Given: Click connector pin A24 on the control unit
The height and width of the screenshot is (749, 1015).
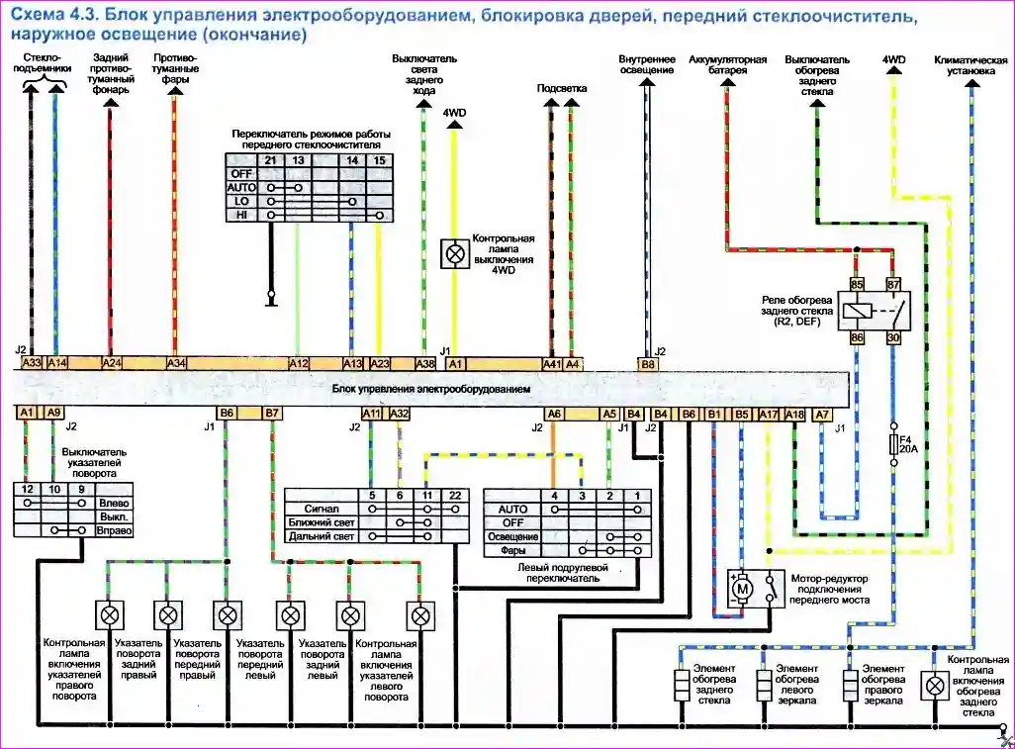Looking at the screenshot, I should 112,363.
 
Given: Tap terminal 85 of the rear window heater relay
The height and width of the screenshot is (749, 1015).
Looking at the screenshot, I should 858,284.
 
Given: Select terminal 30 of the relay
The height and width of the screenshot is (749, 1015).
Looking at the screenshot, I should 893,337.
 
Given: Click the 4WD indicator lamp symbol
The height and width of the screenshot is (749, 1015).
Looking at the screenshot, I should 454,252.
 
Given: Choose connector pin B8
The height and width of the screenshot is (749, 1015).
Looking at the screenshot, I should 648,364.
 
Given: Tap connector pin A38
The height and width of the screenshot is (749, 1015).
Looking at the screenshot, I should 424,363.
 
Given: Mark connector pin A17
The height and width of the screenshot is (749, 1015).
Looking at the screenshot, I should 770,414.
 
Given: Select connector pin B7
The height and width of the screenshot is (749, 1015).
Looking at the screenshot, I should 272,413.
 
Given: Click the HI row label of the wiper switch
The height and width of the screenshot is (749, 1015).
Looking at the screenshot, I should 240,215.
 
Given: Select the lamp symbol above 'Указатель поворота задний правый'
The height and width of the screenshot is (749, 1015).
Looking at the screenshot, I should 168,615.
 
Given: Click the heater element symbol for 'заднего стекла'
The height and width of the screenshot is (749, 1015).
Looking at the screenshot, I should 682,684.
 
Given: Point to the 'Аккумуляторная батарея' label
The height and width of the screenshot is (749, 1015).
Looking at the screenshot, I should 727,65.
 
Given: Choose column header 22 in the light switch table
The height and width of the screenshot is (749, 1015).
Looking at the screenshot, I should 455,495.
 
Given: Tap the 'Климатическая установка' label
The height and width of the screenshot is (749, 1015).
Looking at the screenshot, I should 970,65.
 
